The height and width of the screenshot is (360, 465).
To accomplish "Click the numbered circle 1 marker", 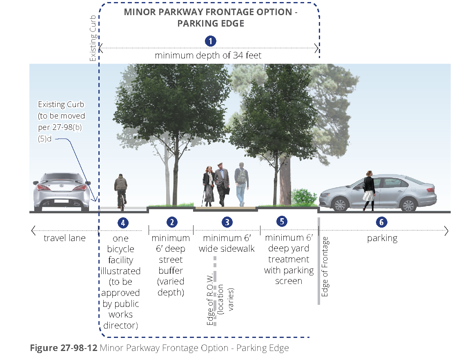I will pos(210,41).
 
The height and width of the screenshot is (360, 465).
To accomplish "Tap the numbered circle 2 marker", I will pos(172,222).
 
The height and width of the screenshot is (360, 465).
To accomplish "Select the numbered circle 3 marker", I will pos(227,222).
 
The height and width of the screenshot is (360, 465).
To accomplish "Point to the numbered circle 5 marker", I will pos(282,221).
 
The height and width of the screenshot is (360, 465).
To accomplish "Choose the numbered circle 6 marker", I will pos(381,222).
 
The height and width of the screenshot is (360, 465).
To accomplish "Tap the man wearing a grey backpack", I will pos(242,183).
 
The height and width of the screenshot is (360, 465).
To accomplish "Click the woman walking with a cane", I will pos(208,186).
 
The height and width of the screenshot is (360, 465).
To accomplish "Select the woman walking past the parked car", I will pos(369,190).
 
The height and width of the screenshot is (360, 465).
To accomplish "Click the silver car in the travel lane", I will pos(62,192).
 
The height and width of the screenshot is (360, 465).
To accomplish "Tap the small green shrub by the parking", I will pos(304,198).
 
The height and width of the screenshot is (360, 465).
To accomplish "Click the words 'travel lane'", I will pos(65,238).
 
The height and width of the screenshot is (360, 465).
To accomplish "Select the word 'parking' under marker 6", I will pos(382,238).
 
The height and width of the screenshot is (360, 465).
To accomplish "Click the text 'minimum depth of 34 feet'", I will pos(208,55).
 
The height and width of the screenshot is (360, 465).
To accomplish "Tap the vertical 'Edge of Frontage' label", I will pos(325,266).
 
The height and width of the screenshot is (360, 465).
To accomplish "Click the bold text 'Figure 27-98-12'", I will pos(63,348).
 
